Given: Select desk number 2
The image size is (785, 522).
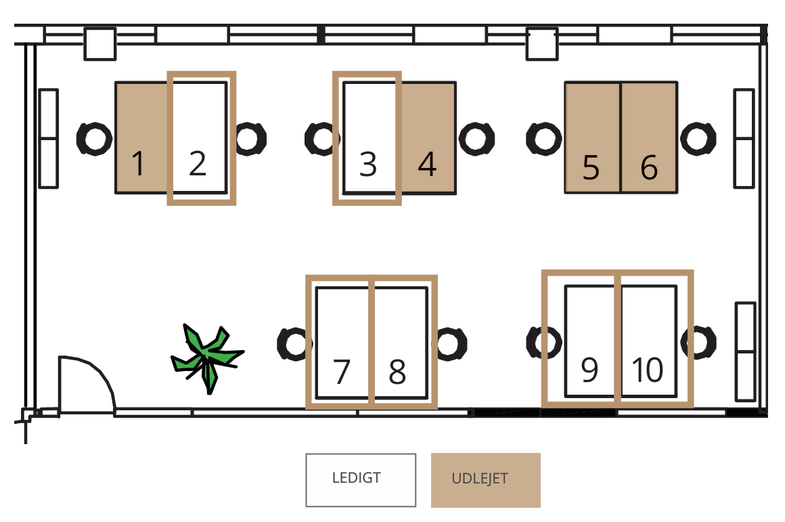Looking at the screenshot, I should click(198, 138).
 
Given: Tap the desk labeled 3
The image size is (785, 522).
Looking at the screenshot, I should click(369, 138).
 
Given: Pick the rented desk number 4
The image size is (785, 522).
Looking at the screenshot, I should click(427, 138).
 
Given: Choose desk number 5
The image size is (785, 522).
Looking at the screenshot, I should click(592, 138).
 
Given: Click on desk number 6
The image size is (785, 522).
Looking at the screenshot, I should click(649, 138).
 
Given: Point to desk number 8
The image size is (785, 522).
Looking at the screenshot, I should click(400, 343).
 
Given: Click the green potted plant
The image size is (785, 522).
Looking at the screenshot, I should click(206, 355).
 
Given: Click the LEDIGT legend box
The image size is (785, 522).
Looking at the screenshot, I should click(361, 480).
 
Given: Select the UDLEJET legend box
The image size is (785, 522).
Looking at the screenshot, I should click(486, 480).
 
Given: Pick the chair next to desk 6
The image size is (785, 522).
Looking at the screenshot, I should click(697, 138).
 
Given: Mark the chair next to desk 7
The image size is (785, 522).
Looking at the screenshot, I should click(295, 344).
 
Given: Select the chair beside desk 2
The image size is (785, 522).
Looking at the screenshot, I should click(251, 138).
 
